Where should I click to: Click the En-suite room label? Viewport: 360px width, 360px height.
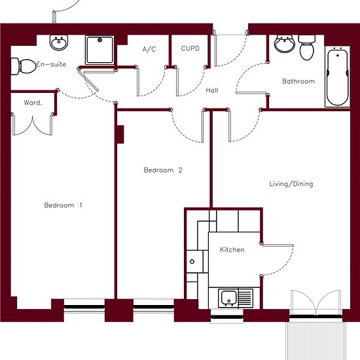[51, 64]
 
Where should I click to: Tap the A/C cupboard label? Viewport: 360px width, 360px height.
[149, 49]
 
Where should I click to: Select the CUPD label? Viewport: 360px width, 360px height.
[190, 48]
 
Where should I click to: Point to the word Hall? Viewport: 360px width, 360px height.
[211, 90]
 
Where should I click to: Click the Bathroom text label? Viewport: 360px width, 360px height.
[298, 81]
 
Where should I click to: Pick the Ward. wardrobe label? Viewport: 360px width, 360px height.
[33, 102]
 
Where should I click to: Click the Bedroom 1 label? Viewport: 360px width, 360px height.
[63, 205]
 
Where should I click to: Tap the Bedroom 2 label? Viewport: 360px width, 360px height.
[163, 170]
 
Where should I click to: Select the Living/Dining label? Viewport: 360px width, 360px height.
[291, 184]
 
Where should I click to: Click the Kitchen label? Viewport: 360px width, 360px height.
[232, 249]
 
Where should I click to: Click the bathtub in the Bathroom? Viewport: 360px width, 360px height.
[338, 77]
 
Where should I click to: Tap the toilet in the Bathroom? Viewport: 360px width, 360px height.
[307, 48]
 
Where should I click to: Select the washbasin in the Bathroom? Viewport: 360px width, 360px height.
[285, 44]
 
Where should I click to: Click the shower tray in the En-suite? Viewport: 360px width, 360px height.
[99, 50]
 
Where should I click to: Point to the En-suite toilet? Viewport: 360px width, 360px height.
[24, 66]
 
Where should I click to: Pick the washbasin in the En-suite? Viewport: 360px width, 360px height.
[59, 43]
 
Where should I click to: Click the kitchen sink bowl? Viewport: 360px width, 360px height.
[228, 298]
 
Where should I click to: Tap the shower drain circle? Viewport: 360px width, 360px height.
[99, 40]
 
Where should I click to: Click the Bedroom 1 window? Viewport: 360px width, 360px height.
[84, 306]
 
